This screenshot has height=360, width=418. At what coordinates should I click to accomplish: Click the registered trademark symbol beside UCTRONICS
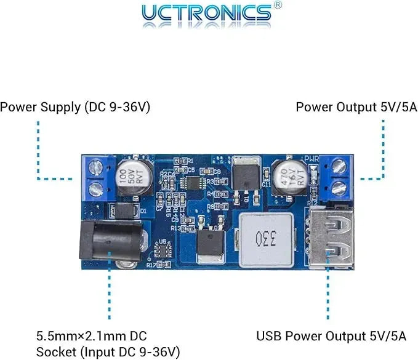277,6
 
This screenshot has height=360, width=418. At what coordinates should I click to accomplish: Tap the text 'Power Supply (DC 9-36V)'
75,107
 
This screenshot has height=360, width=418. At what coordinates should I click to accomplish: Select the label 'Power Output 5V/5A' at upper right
356,107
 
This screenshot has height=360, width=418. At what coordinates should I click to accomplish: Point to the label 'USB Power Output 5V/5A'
331,336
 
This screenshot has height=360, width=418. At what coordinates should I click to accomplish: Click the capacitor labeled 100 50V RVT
130,175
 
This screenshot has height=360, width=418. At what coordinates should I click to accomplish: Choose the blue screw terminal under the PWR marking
338,177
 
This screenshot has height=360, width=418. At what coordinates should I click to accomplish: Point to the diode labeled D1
126,211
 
